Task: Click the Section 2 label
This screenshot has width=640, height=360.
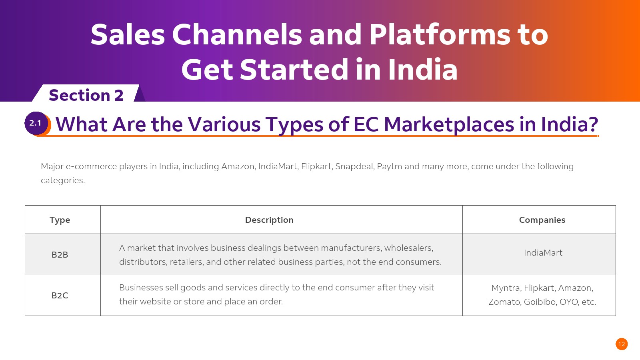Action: click(86, 95)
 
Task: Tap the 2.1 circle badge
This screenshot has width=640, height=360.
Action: click(36, 123)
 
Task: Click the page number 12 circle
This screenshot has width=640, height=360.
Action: click(622, 344)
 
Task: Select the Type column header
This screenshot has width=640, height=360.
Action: click(60, 220)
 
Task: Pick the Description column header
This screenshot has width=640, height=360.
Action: click(269, 220)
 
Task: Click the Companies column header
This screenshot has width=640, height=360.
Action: click(542, 220)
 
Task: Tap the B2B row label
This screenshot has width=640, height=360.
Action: click(60, 254)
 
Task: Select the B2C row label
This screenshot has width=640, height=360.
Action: click(60, 296)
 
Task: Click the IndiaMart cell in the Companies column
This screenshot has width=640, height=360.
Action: click(543, 252)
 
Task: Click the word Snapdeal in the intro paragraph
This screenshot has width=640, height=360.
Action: click(354, 166)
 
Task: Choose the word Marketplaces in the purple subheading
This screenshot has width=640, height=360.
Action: click(448, 124)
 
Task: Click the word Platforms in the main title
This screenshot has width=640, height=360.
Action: click(440, 34)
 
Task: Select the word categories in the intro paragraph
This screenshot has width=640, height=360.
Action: click(63, 180)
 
